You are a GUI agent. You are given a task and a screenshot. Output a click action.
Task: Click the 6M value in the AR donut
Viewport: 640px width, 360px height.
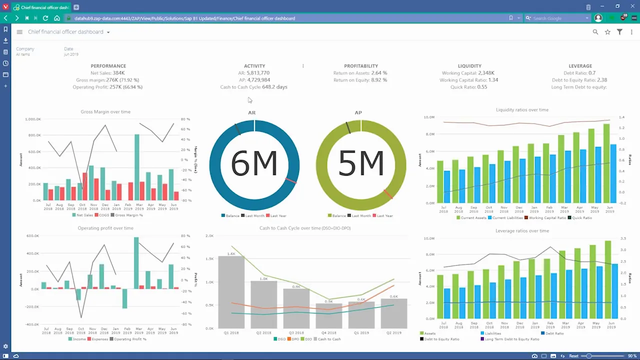[254, 163]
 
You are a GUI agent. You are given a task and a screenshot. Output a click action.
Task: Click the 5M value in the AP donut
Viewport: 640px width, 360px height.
[361, 163]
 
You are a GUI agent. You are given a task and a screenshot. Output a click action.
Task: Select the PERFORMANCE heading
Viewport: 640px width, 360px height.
[108, 66]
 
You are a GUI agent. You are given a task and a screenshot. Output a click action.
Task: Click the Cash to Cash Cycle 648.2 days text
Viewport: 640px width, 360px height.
[253, 87]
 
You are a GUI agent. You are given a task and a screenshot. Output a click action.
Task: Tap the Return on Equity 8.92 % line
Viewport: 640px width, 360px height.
[360, 80]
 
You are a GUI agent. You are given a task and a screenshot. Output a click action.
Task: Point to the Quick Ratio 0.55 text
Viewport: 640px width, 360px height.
[469, 87]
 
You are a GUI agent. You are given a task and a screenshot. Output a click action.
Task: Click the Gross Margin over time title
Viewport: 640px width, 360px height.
[105, 112]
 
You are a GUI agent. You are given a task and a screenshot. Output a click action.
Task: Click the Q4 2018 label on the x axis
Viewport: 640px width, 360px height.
[328, 332]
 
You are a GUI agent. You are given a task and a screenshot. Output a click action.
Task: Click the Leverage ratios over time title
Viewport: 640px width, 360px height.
[522, 231]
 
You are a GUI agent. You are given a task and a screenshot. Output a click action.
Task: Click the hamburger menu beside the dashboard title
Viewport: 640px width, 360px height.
[19, 32]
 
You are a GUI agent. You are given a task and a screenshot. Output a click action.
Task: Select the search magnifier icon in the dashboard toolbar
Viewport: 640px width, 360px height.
[595, 32]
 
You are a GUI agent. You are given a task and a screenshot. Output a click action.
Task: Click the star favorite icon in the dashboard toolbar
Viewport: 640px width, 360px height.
[607, 32]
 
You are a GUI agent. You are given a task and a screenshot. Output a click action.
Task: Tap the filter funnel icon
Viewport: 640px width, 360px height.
[619, 32]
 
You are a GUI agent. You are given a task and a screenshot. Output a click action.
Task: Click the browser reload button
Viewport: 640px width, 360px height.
[45, 18]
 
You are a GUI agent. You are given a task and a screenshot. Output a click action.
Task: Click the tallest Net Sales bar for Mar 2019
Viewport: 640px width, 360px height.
[137, 167]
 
